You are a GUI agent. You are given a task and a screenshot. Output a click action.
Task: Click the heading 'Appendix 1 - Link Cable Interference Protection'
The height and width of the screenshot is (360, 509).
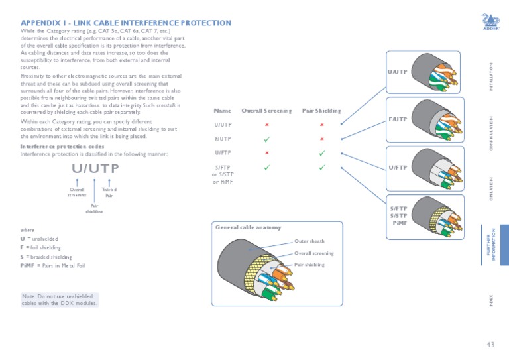(126, 23)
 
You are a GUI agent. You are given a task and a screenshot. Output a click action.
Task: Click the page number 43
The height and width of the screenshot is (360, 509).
(490, 344)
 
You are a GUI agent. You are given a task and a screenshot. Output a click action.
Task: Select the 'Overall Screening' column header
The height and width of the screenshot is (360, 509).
(266, 111)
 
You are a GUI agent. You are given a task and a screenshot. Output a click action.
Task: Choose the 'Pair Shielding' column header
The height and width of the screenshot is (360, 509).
(321, 111)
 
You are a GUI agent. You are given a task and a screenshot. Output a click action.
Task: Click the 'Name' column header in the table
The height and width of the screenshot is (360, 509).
(223, 111)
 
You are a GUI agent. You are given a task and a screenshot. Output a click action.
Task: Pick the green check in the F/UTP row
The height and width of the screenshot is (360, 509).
(266, 139)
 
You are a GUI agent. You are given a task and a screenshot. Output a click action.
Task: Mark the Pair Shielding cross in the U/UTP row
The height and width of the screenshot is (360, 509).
(321, 125)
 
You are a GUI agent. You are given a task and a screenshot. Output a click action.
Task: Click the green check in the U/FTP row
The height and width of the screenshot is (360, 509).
(321, 153)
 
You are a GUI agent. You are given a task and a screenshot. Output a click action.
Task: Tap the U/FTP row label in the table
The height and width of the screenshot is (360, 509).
(223, 153)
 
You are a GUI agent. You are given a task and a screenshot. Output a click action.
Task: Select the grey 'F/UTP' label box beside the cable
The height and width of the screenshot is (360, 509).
(397, 119)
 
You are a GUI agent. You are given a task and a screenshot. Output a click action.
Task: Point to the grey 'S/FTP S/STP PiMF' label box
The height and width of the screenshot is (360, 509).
(398, 216)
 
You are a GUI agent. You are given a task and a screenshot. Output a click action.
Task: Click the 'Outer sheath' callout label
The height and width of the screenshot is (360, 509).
(309, 241)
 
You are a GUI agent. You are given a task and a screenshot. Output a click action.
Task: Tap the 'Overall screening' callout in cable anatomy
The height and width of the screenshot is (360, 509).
(313, 253)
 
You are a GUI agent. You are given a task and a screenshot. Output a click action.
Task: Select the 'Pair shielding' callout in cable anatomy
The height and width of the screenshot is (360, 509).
(310, 265)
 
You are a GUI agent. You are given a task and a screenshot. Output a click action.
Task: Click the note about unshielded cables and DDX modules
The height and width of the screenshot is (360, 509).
(60, 300)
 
